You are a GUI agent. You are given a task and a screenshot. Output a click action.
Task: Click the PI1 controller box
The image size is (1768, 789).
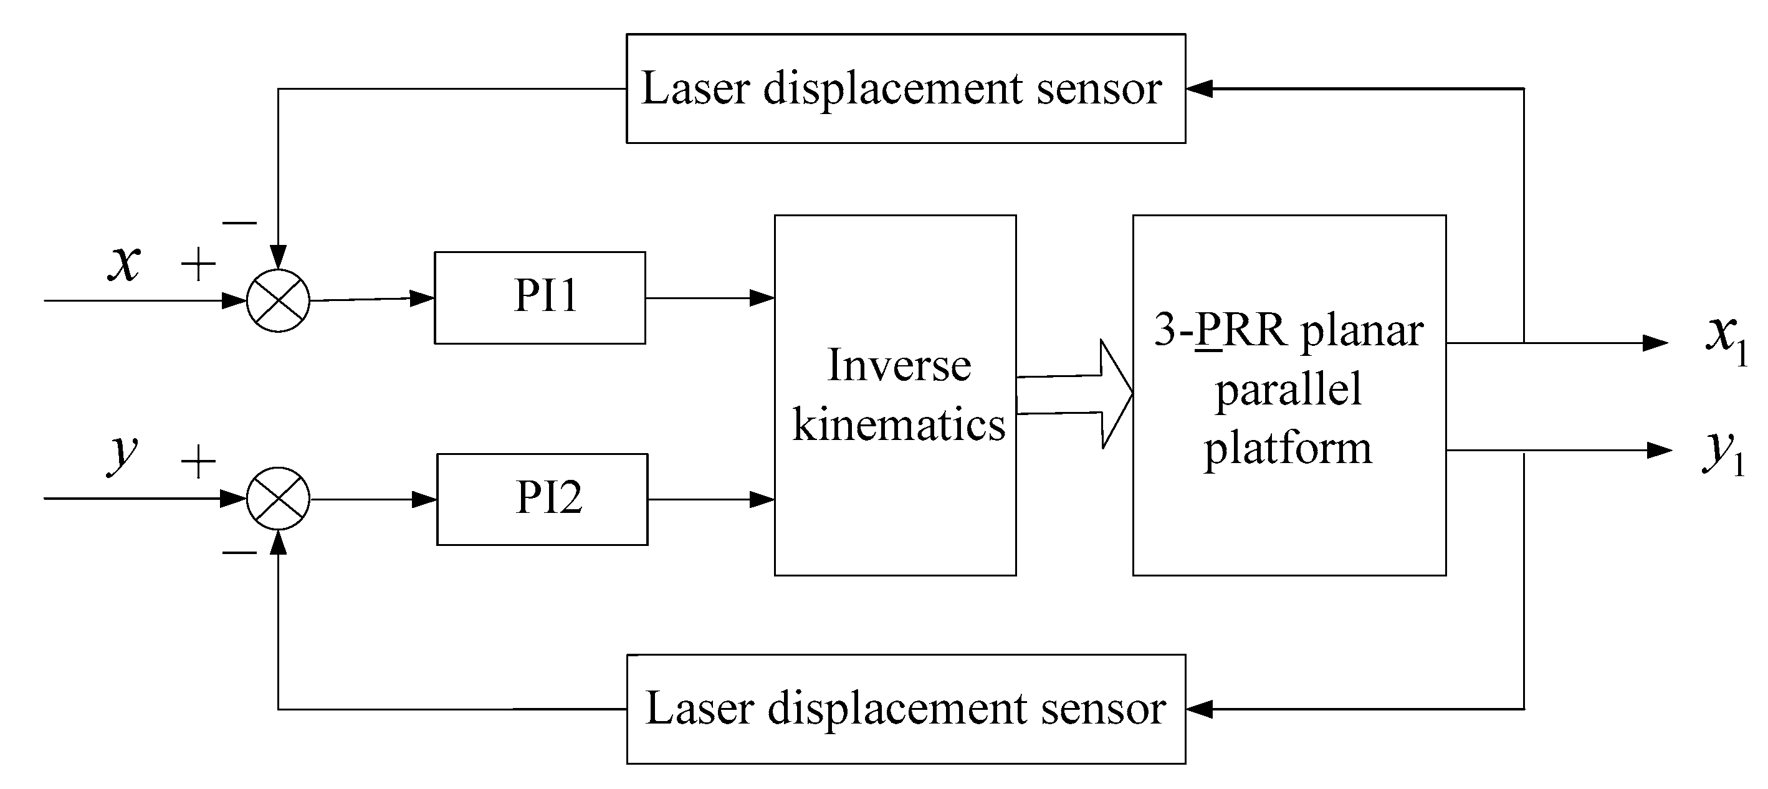tap(540, 297)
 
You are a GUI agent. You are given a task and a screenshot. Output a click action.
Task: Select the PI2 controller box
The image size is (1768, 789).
tap(542, 499)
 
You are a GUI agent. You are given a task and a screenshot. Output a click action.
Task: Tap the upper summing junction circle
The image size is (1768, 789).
tap(278, 300)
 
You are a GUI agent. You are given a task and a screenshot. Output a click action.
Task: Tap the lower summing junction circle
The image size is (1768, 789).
tap(278, 499)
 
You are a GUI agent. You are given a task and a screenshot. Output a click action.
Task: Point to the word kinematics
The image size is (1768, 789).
tap(899, 424)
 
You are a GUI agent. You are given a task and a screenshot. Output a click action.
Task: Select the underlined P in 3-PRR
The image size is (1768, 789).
tap(1208, 331)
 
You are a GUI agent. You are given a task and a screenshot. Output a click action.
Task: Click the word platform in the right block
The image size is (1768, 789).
tap(1288, 449)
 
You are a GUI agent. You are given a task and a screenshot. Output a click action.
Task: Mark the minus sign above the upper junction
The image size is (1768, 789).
tap(239, 222)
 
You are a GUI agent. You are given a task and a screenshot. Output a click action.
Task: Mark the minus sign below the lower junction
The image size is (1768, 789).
tap(239, 552)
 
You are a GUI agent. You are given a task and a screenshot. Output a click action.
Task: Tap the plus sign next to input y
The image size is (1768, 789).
tap(198, 461)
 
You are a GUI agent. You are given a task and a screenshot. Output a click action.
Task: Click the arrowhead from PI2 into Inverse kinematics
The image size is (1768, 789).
tap(762, 499)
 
